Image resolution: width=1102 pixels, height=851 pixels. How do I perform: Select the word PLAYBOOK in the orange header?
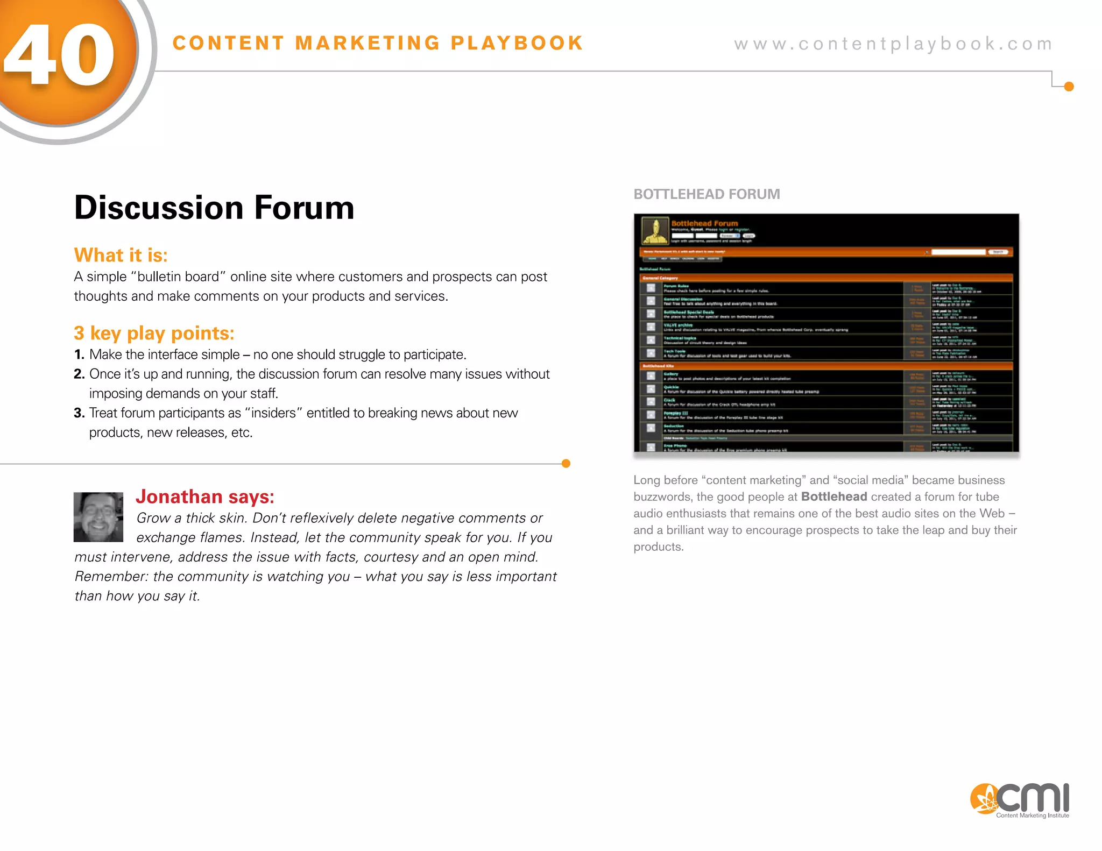517,43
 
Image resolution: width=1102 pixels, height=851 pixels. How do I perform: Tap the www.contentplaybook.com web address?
893,44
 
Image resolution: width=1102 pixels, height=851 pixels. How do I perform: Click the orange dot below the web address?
1069,87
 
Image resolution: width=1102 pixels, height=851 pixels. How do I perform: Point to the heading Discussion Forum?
214,208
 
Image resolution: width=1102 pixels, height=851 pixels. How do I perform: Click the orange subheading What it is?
121,255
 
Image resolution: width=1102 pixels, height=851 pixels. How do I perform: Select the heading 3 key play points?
154,334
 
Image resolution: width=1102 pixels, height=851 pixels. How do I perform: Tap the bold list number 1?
79,355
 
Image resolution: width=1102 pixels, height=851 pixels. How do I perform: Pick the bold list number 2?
79,374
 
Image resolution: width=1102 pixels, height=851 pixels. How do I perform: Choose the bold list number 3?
79,413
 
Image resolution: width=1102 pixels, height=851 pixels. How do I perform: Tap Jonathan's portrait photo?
98,517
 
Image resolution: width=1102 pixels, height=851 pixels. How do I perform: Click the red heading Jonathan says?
205,497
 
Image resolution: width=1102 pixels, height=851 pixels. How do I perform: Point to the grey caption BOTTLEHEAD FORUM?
707,194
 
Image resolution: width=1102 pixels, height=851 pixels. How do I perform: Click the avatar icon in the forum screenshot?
655,231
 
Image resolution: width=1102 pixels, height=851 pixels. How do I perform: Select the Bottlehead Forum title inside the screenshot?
704,223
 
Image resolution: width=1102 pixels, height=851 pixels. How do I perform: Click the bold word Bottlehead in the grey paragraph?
834,497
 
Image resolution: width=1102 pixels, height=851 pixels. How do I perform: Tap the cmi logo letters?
1033,798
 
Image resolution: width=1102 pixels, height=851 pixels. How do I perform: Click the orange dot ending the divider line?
566,464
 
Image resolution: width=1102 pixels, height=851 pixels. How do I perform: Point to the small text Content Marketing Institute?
1032,815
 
